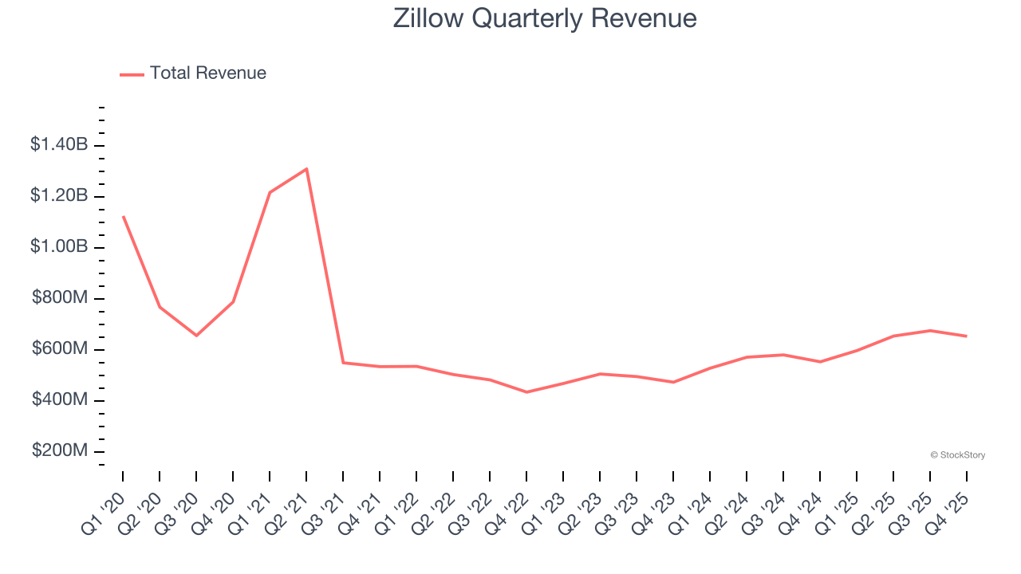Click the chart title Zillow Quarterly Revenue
tap(545, 18)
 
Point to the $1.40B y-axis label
tap(59, 144)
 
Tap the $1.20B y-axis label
tap(59, 195)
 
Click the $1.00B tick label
tap(59, 246)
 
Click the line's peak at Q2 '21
tap(306, 168)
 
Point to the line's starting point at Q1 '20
tap(123, 216)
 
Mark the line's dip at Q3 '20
tap(196, 336)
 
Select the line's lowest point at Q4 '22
tap(526, 392)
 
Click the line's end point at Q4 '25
tap(967, 336)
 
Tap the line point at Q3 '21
tap(343, 363)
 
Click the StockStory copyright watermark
tap(957, 455)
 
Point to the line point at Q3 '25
tap(930, 330)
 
